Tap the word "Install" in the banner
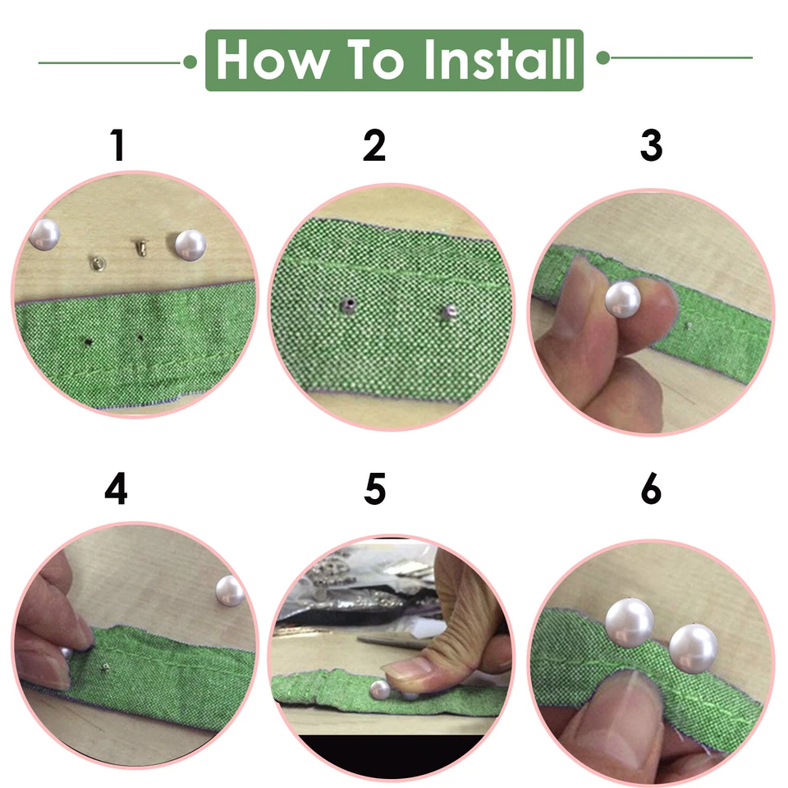click(499, 59)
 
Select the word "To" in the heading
click(376, 60)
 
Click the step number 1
click(117, 145)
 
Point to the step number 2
click(374, 145)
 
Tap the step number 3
click(651, 145)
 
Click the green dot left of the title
click(190, 62)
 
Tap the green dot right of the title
click(603, 57)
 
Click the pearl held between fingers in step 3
click(623, 300)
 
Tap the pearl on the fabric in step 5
click(380, 689)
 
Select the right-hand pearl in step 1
click(190, 245)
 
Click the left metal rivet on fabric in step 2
click(348, 305)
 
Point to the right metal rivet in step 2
click(450, 312)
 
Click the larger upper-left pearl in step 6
click(630, 623)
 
